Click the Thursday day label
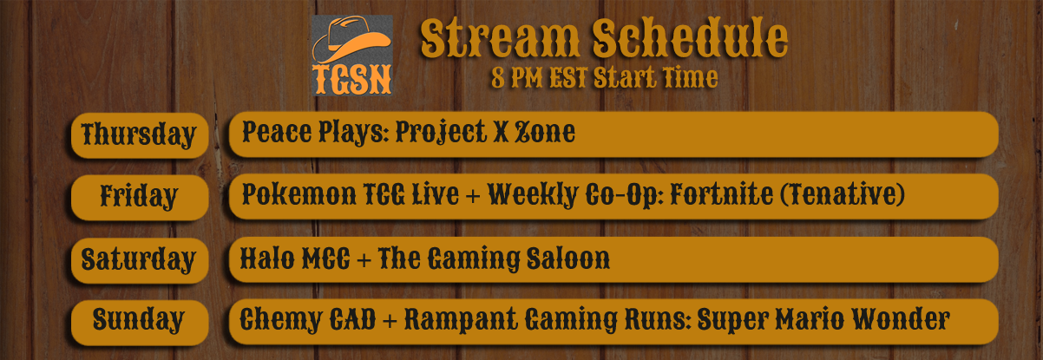click(139, 135)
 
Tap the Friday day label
click(139, 197)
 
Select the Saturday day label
click(138, 259)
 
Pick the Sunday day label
click(138, 320)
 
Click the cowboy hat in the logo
click(351, 39)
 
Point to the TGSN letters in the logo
click(351, 80)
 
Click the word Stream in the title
click(500, 38)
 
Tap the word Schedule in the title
click(690, 38)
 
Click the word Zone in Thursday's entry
click(545, 132)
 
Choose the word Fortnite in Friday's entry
click(721, 194)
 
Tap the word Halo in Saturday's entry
click(267, 259)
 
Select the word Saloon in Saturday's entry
click(568, 259)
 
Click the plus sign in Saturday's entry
click(364, 259)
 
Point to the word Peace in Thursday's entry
click(277, 132)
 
